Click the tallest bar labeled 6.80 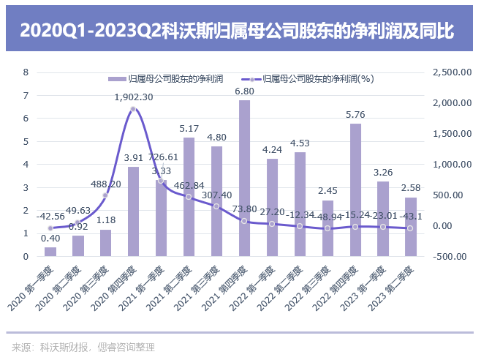[244, 179]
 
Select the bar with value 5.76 [355, 190]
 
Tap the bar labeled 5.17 [189, 197]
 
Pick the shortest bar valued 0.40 [50, 252]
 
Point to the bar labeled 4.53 [300, 204]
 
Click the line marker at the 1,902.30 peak [133, 109]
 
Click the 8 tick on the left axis [26, 72]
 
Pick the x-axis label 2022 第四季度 [341, 286]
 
